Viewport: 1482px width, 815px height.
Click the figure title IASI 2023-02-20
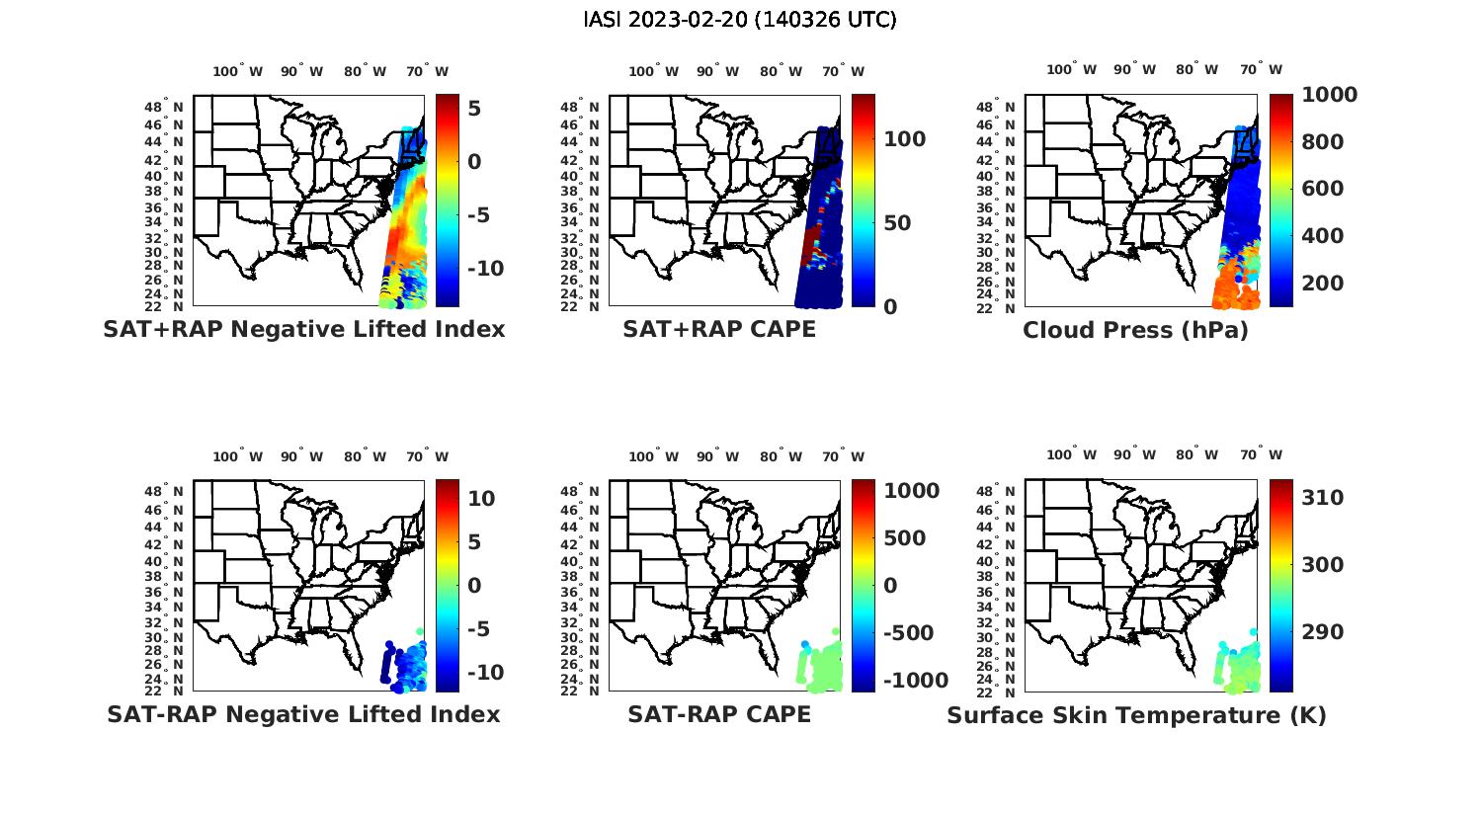pyautogui.click(x=740, y=20)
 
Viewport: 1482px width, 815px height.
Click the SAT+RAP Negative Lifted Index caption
pyautogui.click(x=303, y=329)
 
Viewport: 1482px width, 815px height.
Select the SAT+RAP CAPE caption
pyautogui.click(x=719, y=329)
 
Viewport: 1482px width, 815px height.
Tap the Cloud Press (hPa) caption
pyautogui.click(x=1135, y=329)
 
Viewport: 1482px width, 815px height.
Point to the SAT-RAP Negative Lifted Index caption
pyautogui.click(x=303, y=714)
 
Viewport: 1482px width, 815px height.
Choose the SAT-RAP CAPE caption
pyautogui.click(x=719, y=714)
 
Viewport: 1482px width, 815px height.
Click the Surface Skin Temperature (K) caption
pyautogui.click(x=1136, y=714)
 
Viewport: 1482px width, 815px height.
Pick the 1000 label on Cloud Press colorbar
pyautogui.click(x=1329, y=95)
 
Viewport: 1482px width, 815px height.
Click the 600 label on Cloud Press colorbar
pyautogui.click(x=1323, y=189)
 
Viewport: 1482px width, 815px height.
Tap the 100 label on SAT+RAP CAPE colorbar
pyautogui.click(x=905, y=139)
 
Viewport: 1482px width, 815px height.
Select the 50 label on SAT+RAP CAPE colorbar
pyautogui.click(x=898, y=223)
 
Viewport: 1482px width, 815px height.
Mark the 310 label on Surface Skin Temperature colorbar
pyautogui.click(x=1323, y=498)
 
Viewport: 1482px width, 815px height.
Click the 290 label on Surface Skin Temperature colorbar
pyautogui.click(x=1323, y=632)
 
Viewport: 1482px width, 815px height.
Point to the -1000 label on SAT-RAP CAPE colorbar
pyautogui.click(x=915, y=681)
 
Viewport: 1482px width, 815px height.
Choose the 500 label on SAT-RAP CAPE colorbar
pyautogui.click(x=905, y=538)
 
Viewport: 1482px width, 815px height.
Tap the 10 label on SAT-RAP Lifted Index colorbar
pyautogui.click(x=481, y=499)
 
